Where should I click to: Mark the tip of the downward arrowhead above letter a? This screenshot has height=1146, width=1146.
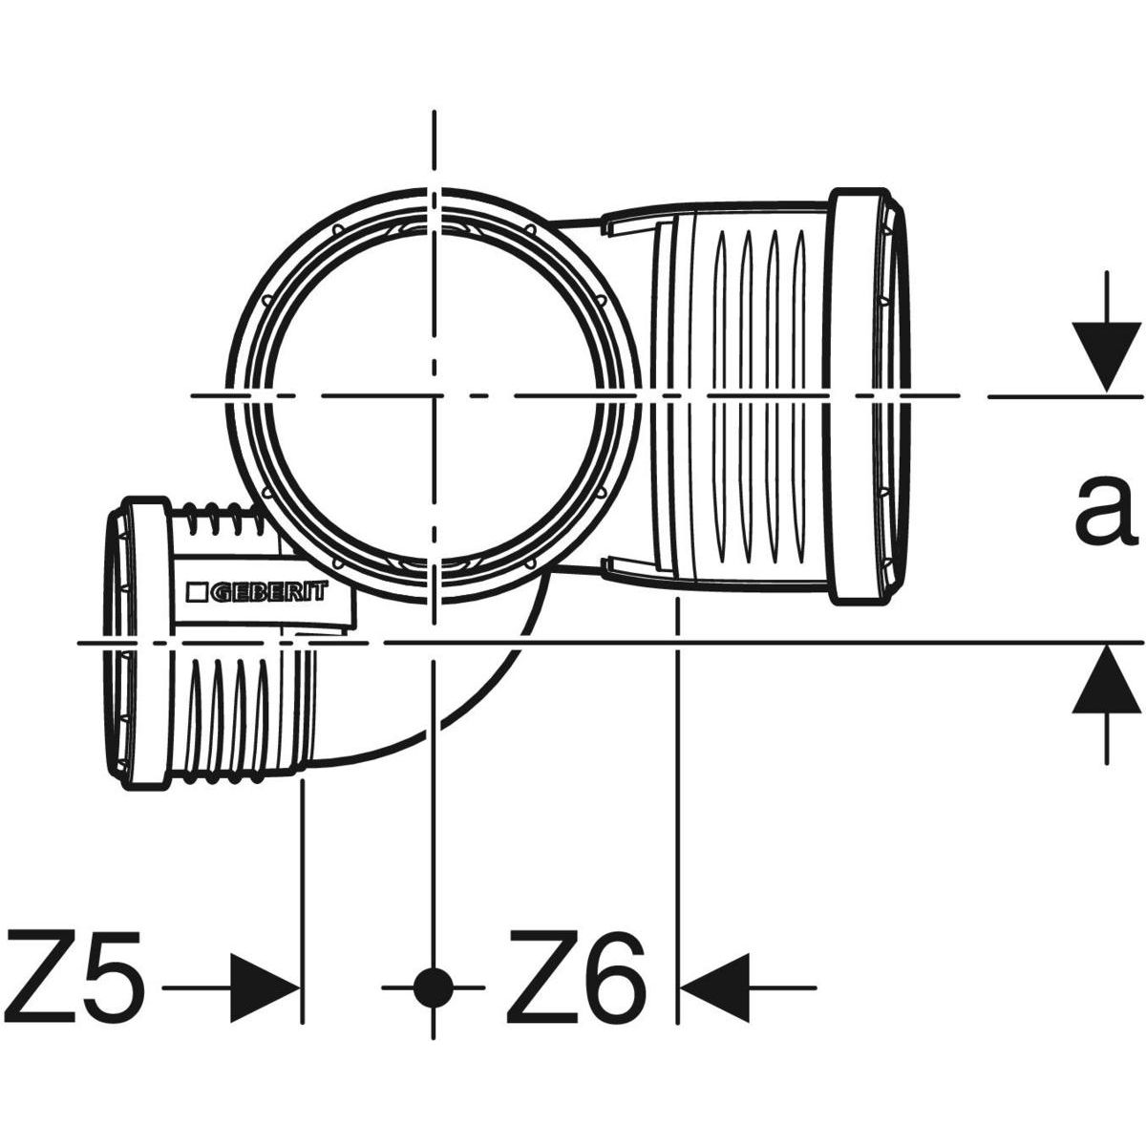[1106, 393]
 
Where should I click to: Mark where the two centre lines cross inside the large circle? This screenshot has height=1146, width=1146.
[435, 395]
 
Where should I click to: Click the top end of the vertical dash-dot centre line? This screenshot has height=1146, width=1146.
[435, 111]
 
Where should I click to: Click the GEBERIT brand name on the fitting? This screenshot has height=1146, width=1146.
[268, 592]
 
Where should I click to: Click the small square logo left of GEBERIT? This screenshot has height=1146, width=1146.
[196, 593]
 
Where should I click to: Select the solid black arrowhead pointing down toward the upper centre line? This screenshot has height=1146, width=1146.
[1106, 358]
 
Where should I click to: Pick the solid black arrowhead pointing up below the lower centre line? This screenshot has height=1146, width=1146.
[1106, 679]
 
